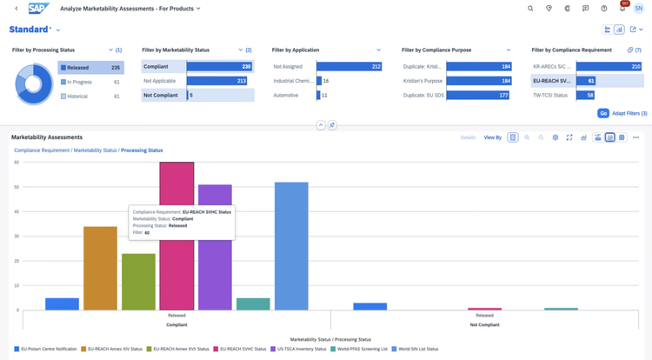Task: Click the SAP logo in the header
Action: coord(38,9)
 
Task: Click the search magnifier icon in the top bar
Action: coord(530,9)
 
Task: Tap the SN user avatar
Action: coord(639,9)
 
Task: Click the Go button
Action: coord(602,113)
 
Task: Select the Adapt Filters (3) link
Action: coord(629,113)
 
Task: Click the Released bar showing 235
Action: coord(91,67)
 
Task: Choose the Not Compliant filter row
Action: coord(198,95)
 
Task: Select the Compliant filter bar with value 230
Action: coord(219,66)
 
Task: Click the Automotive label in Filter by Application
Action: coord(288,95)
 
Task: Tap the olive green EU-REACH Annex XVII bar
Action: coord(138,282)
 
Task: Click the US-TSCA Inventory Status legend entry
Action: coord(301,349)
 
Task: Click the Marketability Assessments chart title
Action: coord(47,137)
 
